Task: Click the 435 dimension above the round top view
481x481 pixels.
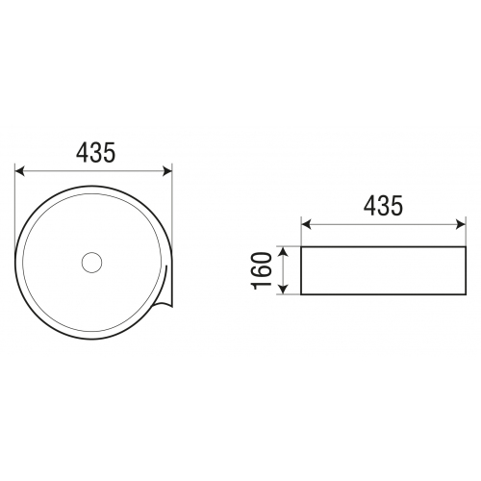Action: (x=95, y=153)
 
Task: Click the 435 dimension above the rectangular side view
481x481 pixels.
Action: (x=383, y=206)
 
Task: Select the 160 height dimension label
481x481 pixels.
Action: (x=262, y=270)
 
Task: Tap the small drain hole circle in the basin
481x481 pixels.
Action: (x=91, y=263)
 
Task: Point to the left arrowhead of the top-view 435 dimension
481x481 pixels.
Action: (x=20, y=171)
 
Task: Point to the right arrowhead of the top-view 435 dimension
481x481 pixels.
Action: (x=167, y=171)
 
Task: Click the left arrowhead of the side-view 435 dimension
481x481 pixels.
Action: (x=306, y=224)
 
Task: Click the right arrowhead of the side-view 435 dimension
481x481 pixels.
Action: (x=461, y=224)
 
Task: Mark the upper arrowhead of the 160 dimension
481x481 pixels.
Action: (x=283, y=252)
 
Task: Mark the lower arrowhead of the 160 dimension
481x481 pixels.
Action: (x=283, y=289)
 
